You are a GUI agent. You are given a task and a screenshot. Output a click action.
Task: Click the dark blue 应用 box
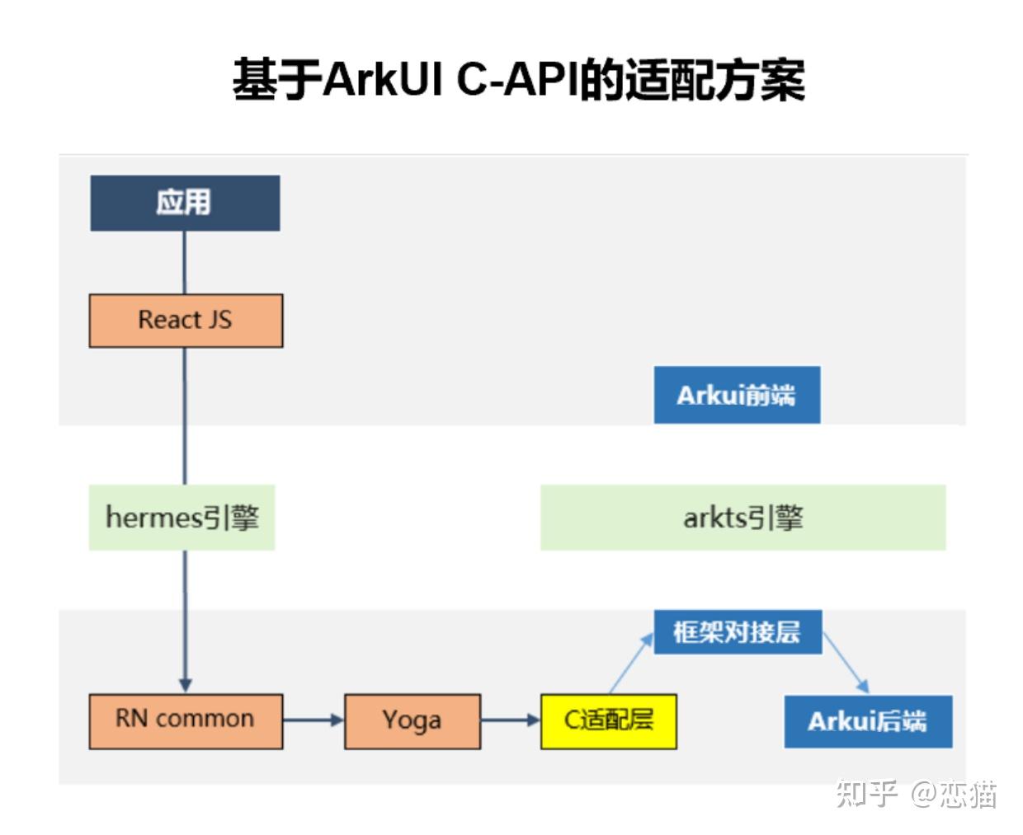click(185, 203)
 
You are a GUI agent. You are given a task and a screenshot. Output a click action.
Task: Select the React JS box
click(186, 320)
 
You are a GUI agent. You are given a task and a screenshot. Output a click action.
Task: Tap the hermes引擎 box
click(181, 518)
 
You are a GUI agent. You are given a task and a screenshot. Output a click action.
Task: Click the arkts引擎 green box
click(742, 518)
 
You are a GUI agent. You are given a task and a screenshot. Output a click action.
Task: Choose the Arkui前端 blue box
click(737, 395)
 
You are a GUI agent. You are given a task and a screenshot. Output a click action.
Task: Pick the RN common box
click(186, 720)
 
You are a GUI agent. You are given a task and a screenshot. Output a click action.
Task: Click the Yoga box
click(412, 720)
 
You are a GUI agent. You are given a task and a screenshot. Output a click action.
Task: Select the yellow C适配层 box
click(608, 720)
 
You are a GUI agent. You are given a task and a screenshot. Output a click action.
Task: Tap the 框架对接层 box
click(738, 632)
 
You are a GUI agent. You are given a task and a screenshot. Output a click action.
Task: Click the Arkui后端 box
click(868, 721)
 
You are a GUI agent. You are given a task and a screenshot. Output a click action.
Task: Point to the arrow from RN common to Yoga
click(313, 720)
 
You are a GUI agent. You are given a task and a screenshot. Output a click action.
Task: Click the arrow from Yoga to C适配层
click(510, 720)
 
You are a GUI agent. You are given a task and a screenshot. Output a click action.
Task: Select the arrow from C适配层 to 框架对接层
click(631, 664)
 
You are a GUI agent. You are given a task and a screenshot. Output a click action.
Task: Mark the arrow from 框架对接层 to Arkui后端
click(846, 664)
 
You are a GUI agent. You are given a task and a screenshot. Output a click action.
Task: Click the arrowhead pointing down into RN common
click(185, 685)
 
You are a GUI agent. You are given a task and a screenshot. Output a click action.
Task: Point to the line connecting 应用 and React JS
click(184, 262)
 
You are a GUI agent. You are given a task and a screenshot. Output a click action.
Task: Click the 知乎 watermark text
click(865, 794)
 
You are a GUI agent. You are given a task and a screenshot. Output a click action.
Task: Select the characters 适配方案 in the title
click(714, 80)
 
